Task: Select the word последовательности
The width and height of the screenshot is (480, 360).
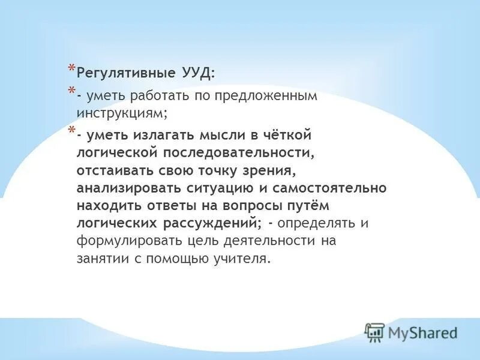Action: (235, 153)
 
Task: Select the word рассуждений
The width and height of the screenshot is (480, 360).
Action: (211, 223)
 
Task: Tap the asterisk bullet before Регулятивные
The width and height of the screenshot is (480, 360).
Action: (71, 68)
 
